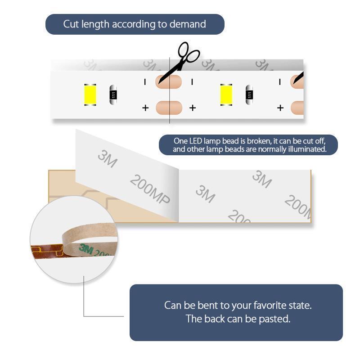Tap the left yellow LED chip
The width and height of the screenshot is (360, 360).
coord(90,95)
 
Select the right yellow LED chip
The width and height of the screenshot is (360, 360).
coord(226,95)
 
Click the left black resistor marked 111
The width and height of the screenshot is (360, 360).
coord(113,94)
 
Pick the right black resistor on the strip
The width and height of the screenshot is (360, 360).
coord(249,94)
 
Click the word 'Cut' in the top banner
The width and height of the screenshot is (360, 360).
coord(71,24)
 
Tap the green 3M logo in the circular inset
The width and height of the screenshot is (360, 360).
coord(86,249)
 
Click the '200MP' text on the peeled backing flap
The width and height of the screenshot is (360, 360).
coord(150,189)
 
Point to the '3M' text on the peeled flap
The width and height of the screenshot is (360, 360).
coord(108,158)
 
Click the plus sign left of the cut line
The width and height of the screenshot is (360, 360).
coord(145,108)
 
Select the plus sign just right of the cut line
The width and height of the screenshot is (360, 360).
coord(193,108)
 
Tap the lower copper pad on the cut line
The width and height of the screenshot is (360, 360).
coord(169,108)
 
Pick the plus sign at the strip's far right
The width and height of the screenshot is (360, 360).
coord(280,108)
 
